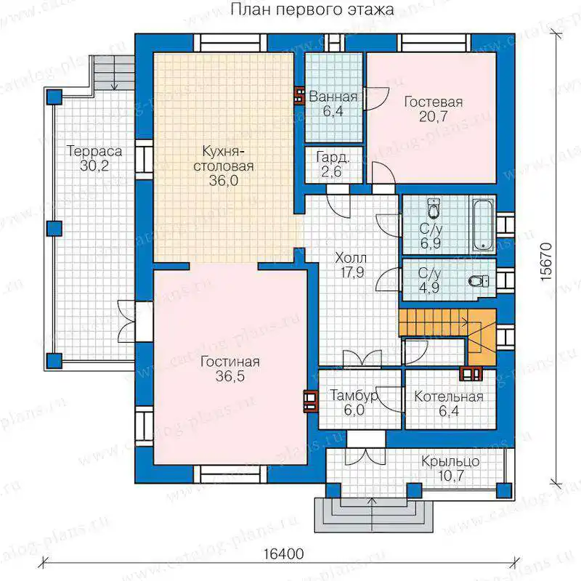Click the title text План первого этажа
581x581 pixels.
[312, 9]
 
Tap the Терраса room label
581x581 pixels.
[94, 151]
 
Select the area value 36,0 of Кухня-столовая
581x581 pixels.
[224, 180]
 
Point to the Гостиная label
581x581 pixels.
[229, 362]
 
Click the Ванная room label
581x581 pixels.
[333, 97]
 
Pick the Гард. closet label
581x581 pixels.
[333, 158]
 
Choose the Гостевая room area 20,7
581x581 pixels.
[433, 116]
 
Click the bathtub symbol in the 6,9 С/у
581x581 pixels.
[483, 224]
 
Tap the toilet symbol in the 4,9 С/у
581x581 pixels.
[479, 281]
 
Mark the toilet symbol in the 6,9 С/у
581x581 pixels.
[433, 208]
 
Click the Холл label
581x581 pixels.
[351, 258]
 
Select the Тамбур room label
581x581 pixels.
[354, 396]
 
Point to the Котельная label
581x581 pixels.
[449, 397]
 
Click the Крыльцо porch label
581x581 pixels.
[450, 461]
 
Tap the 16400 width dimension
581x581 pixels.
[284, 554]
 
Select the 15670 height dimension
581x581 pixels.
[546, 262]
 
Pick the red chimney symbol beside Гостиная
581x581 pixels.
[311, 401]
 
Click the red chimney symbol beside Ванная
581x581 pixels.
[298, 96]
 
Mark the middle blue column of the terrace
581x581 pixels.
[54, 228]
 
